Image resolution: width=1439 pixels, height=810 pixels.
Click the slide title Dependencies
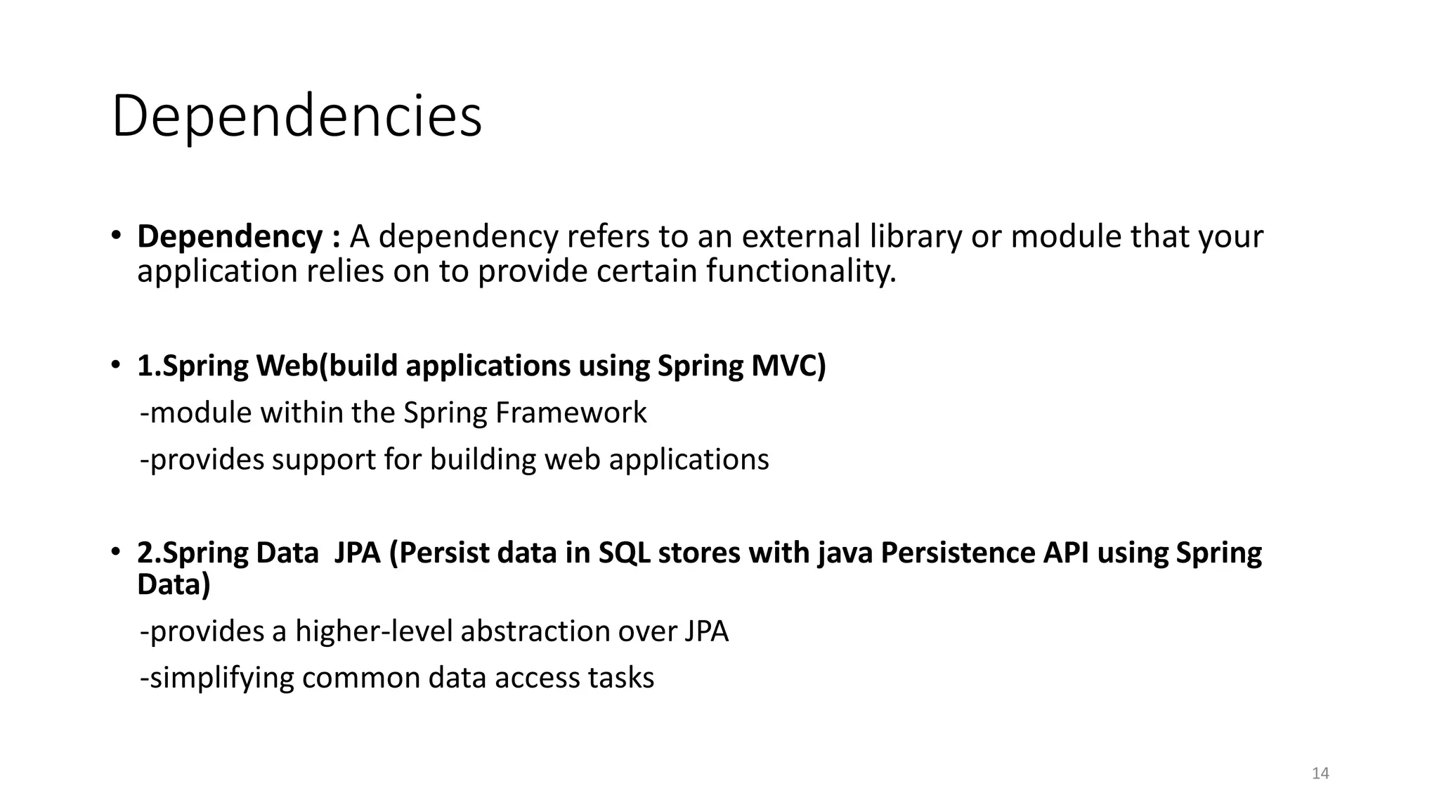click(x=297, y=116)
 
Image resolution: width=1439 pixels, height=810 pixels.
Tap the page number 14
click(x=1320, y=773)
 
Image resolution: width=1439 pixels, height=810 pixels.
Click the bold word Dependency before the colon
click(x=230, y=237)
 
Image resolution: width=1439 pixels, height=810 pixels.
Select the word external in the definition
click(x=801, y=237)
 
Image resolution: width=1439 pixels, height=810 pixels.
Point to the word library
click(x=916, y=237)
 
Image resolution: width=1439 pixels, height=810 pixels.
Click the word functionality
click(x=801, y=271)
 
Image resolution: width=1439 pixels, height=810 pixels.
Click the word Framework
click(x=571, y=413)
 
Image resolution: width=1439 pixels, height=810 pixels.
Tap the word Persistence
click(x=958, y=553)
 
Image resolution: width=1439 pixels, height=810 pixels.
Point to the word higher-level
click(x=374, y=631)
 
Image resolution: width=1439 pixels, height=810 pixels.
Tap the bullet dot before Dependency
click(x=117, y=235)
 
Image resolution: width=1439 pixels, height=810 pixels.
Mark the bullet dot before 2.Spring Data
click(x=117, y=551)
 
